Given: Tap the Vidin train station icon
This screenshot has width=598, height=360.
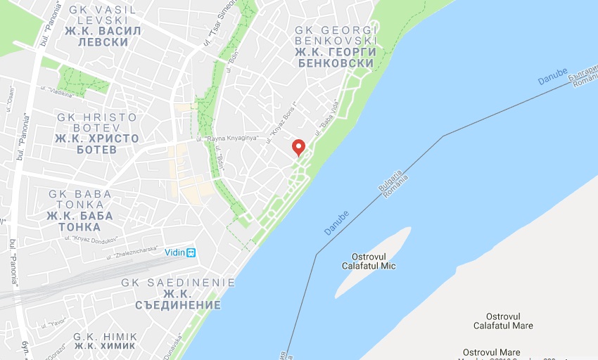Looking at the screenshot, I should pyautogui.click(x=191, y=252).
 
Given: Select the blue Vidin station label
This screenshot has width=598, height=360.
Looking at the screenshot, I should pyautogui.click(x=175, y=252).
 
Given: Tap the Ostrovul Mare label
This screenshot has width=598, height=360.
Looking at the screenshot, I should pyautogui.click(x=492, y=352).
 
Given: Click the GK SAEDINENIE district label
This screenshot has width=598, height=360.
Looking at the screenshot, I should pyautogui.click(x=178, y=283).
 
